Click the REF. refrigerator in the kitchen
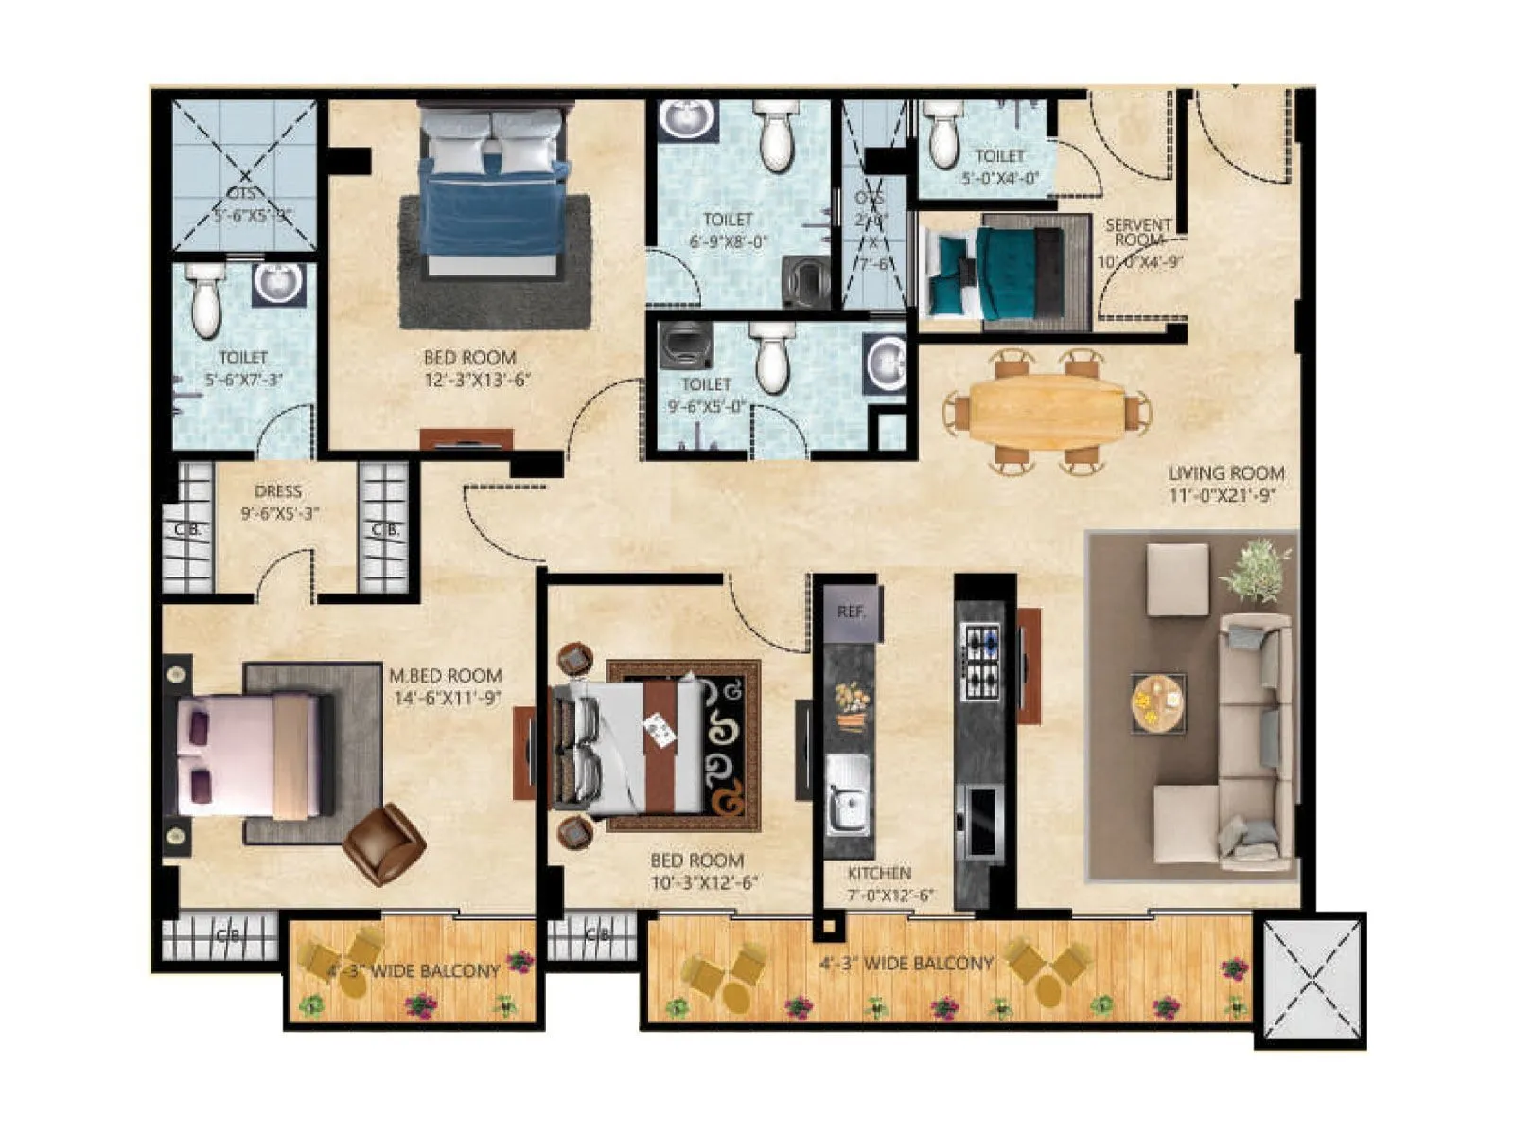click(x=852, y=612)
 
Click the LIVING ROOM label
click(x=1225, y=473)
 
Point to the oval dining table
click(x=1047, y=411)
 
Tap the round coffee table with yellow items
click(x=1158, y=702)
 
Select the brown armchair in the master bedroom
click(x=383, y=843)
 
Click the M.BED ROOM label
click(x=446, y=676)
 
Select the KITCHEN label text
click(x=879, y=873)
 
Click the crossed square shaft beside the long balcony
click(x=1312, y=981)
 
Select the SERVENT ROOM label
click(x=1138, y=232)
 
